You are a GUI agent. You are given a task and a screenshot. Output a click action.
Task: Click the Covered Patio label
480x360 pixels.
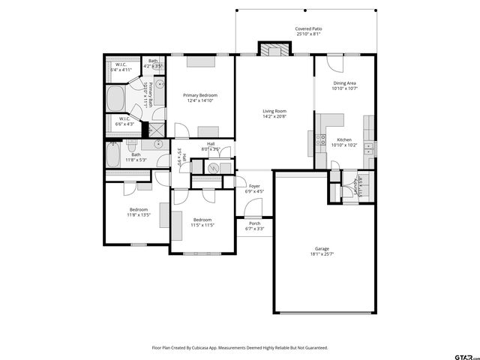point(307,29)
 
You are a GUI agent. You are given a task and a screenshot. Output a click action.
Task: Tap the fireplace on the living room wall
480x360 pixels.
point(273,49)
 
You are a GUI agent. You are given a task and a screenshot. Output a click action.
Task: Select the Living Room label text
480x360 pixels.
point(274,112)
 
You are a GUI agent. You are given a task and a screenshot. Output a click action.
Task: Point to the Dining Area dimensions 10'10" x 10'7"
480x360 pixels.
point(345,88)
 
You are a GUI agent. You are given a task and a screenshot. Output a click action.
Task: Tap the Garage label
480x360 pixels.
point(322,249)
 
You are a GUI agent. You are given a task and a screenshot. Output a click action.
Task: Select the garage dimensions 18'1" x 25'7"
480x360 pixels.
point(322,255)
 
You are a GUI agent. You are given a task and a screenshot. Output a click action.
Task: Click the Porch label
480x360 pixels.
point(255,223)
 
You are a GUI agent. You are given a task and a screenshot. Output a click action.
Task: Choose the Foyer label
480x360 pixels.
point(255,186)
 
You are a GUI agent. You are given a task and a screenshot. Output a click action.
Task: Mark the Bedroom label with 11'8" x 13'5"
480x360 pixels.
point(139,209)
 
